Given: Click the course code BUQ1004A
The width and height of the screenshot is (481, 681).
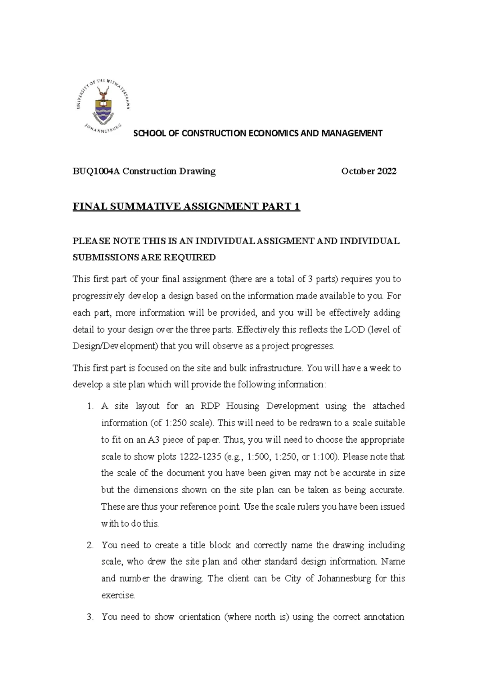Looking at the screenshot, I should coord(96,171).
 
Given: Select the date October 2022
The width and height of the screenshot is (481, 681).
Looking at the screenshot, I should coord(368,171).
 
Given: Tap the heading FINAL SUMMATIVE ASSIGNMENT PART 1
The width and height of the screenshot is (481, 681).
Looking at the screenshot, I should coord(186,207).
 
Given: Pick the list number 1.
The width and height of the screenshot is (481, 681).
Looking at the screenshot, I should coord(89,406).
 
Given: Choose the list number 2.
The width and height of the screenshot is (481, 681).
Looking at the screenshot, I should coord(90,545).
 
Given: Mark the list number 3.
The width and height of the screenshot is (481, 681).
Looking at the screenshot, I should coord(90,617).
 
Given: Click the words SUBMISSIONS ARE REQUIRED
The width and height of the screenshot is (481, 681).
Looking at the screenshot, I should coord(144,257).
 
